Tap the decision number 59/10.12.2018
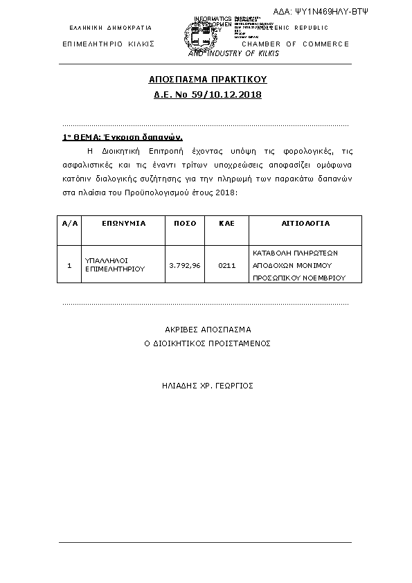tap(226, 93)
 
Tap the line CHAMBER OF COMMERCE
tap(296, 44)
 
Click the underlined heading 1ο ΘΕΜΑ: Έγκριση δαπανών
tap(123, 137)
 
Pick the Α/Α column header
tap(69, 224)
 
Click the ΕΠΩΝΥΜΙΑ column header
tap(124, 224)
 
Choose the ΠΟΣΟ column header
tap(185, 224)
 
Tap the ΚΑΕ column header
tap(227, 224)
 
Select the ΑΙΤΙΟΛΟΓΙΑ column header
tap(305, 224)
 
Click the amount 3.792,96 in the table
tap(185, 265)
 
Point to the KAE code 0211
tap(227, 265)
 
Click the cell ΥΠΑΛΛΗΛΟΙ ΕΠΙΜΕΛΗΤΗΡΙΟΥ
tap(115, 265)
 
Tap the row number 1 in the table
tap(69, 265)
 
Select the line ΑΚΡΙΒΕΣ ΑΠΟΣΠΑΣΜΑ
tap(208, 330)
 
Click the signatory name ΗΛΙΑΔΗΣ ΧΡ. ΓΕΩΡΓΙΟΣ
tap(208, 385)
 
